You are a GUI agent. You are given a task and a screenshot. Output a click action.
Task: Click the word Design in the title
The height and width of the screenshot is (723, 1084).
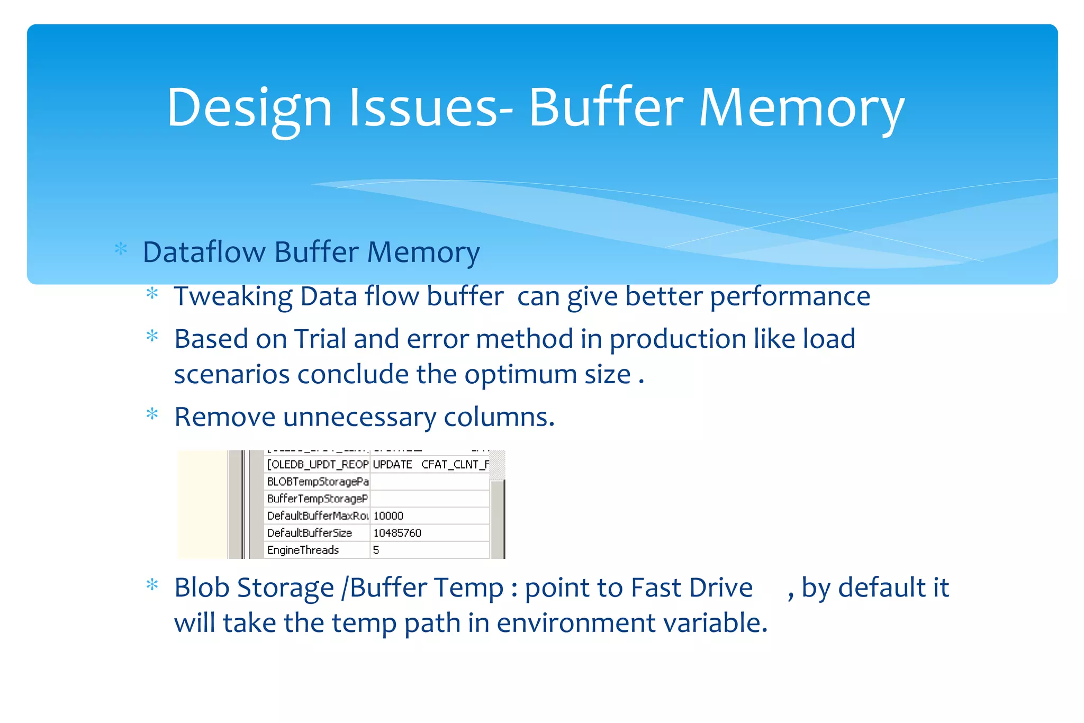[249, 108]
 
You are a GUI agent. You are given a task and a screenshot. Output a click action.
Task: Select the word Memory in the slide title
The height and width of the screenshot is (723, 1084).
[801, 108]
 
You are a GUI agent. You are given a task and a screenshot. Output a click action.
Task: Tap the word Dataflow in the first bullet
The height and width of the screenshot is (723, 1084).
[204, 252]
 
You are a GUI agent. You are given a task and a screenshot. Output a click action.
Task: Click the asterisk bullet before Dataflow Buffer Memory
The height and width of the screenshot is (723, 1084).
[121, 249]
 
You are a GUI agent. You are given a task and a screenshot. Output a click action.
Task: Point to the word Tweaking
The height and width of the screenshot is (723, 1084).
[233, 297]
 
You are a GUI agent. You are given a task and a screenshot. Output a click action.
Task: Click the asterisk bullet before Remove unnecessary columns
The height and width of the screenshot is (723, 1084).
[152, 414]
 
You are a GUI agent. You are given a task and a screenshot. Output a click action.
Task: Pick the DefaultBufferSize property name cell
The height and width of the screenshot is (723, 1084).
[310, 533]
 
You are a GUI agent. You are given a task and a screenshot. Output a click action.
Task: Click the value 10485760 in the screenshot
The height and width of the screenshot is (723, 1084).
[397, 533]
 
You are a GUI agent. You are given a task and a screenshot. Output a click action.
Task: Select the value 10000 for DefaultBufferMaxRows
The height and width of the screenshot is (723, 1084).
[388, 516]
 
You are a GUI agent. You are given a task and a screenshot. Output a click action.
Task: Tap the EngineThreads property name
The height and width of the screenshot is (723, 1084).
[303, 550]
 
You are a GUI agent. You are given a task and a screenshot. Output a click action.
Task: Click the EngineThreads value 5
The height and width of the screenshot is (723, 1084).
[376, 550]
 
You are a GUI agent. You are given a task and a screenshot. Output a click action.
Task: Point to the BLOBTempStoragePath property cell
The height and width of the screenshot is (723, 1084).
[318, 482]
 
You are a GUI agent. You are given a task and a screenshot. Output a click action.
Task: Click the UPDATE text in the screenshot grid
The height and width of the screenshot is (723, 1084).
[392, 465]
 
